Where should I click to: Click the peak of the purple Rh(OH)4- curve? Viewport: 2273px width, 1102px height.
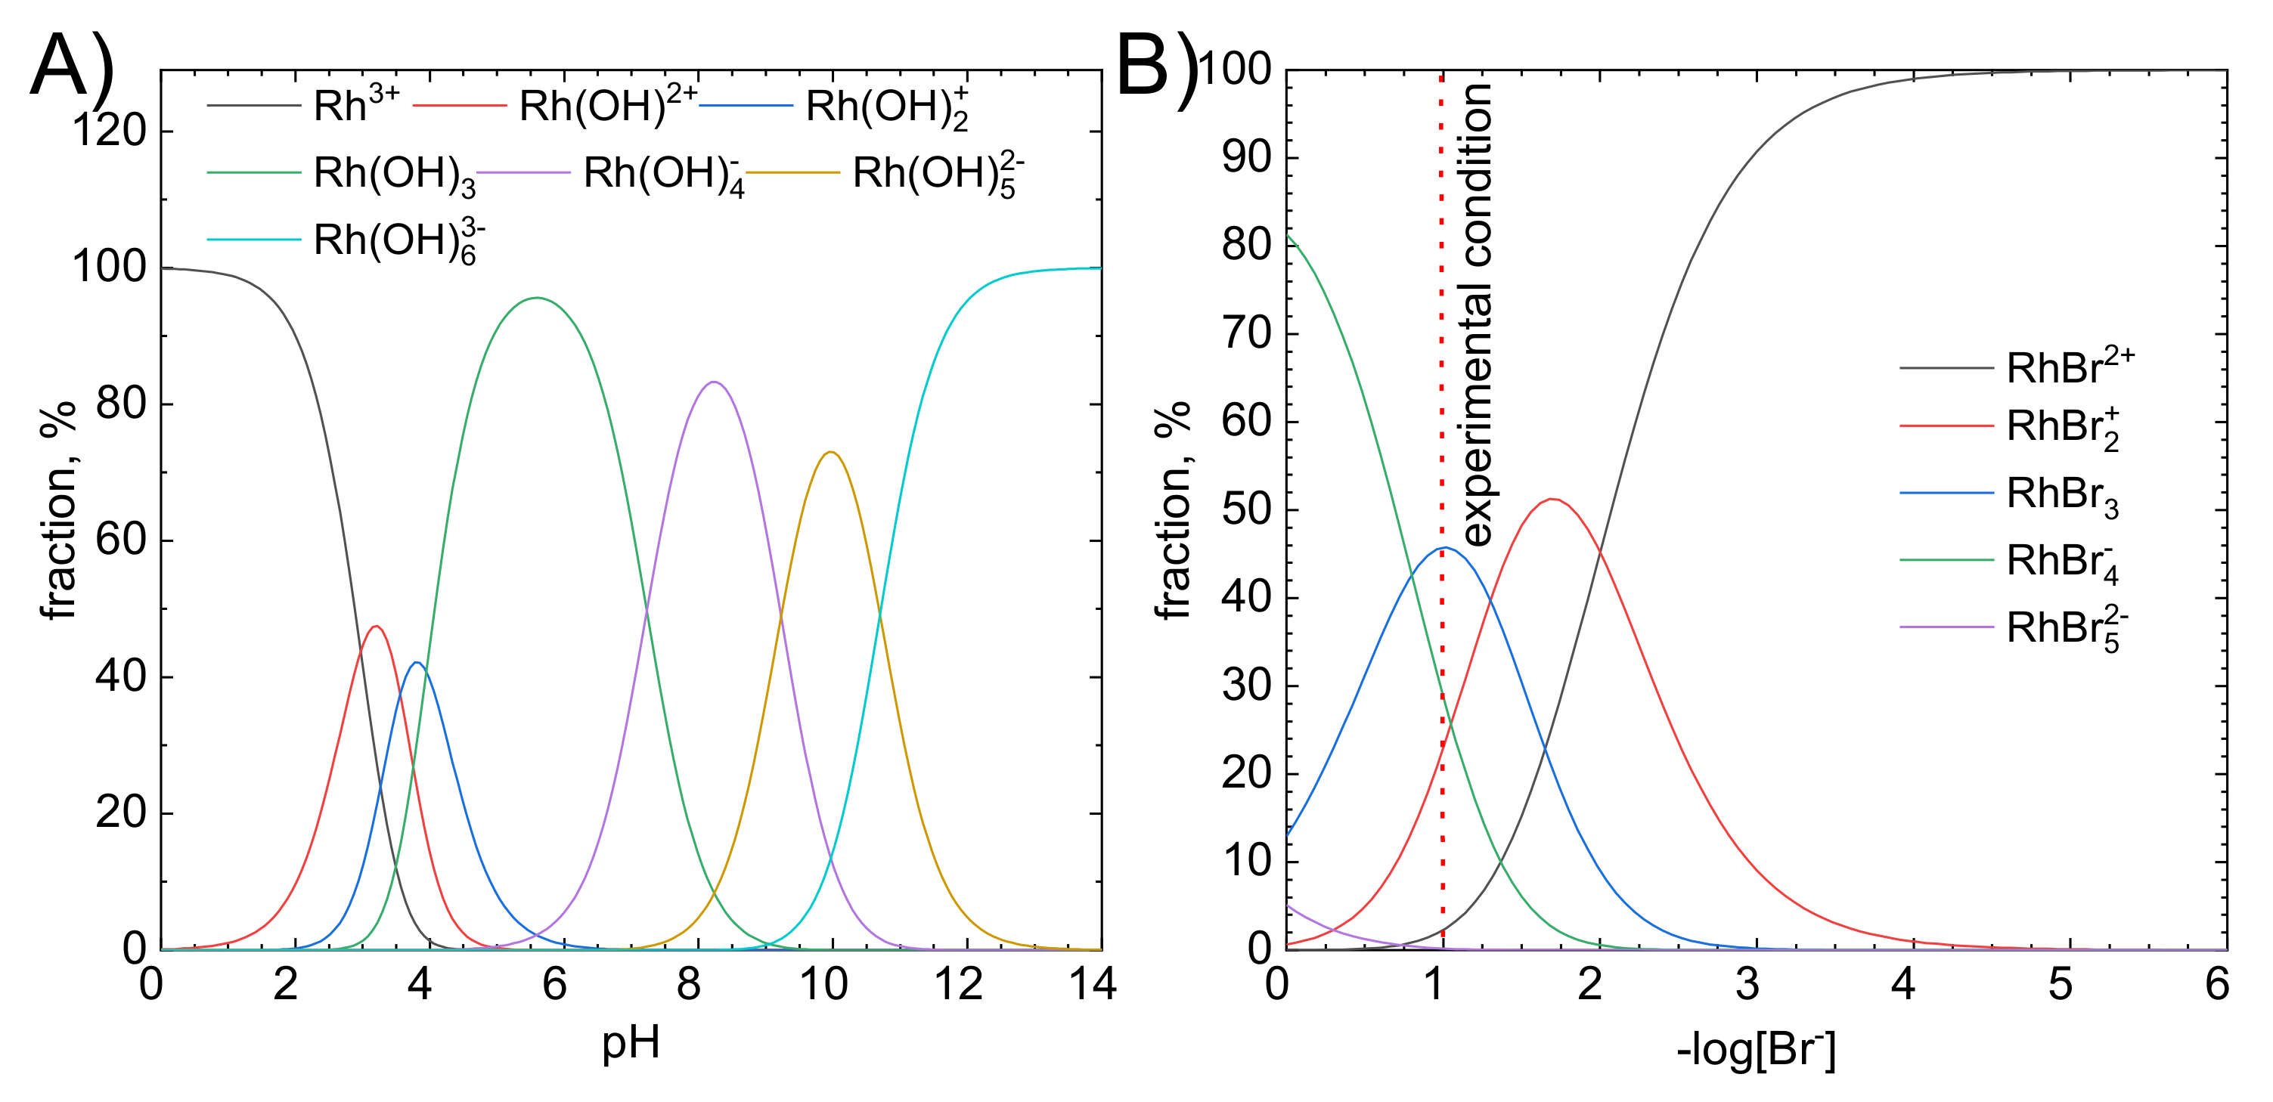pos(714,382)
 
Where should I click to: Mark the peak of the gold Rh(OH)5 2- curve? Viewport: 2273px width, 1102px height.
pos(830,453)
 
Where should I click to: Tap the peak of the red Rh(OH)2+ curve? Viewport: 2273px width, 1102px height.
pos(377,627)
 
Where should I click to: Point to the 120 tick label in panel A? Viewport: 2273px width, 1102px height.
pos(109,131)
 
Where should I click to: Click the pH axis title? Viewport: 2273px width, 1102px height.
pos(630,1043)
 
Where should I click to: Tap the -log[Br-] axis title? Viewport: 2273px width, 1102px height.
pos(1755,1050)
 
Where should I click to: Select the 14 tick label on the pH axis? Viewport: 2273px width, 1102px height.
pos(1093,984)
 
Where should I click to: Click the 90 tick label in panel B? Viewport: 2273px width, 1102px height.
pos(1246,157)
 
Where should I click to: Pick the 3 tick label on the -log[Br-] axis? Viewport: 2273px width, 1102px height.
pos(1747,984)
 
